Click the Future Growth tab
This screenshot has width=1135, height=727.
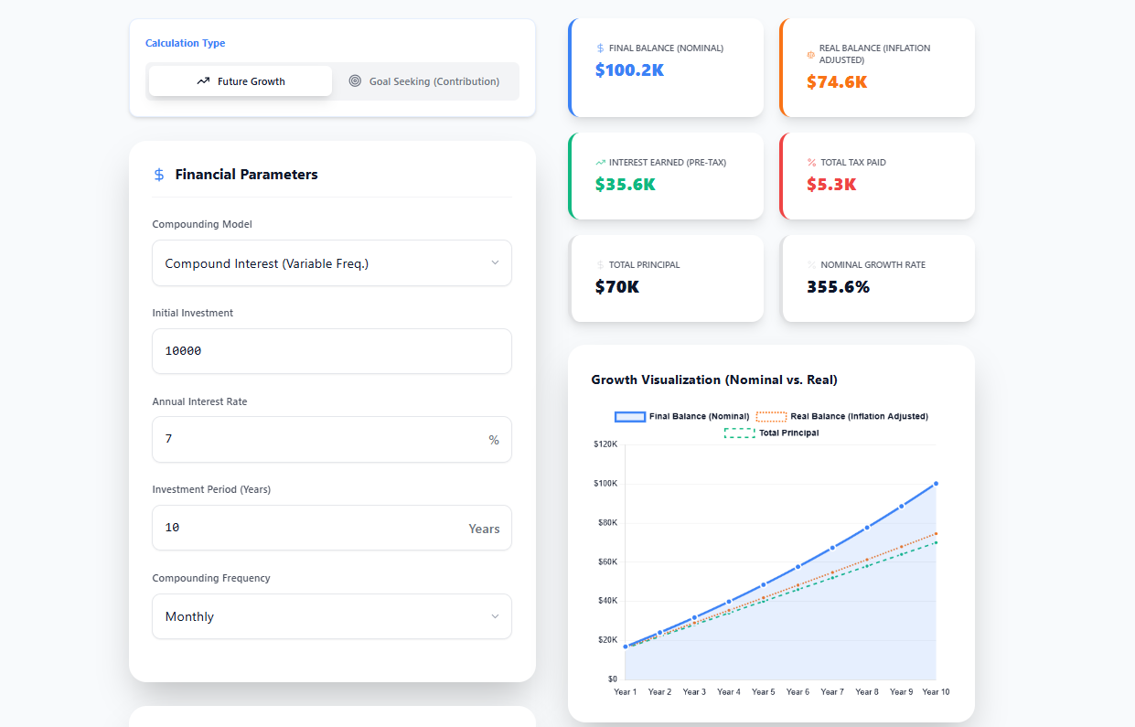[x=241, y=81]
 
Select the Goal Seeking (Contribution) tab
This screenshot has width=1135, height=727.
[x=424, y=81]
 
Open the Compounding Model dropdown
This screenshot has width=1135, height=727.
[x=331, y=263]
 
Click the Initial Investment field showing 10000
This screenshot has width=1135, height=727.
[x=331, y=351]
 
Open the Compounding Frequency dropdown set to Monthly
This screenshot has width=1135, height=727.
[x=331, y=616]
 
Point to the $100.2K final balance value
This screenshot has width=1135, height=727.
[x=629, y=69]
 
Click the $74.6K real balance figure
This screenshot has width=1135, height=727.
[x=836, y=82]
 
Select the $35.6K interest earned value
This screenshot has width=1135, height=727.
[x=625, y=184]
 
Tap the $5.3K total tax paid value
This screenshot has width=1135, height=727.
[x=830, y=184]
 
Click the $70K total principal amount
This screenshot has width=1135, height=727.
[x=616, y=286]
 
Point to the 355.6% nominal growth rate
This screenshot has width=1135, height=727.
[x=838, y=286]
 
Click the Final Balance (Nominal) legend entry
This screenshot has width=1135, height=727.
[x=682, y=417]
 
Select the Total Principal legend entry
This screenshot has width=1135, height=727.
[x=772, y=433]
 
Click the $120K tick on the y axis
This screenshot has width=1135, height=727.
[x=605, y=444]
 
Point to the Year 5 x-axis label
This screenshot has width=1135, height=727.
[x=763, y=692]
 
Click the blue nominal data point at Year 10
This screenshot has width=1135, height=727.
[x=936, y=484]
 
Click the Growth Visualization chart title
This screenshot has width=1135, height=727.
[x=714, y=380]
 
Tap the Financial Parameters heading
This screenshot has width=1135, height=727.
[x=246, y=175]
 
